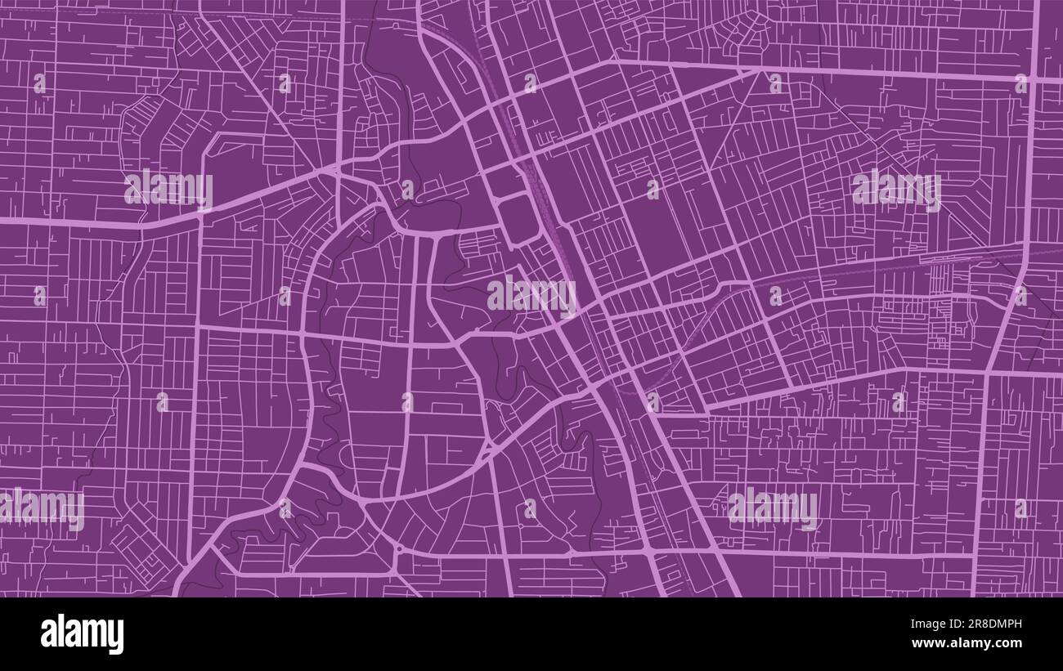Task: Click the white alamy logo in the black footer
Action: pos(82,634)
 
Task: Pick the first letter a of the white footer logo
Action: pos(48,635)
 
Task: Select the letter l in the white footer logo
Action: pos(60,633)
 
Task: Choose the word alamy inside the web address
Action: pos(968,643)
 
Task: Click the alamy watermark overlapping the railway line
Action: pos(531,295)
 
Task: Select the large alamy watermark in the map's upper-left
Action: pos(168,189)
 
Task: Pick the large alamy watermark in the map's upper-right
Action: pos(896,189)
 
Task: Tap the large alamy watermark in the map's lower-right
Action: pos(772,508)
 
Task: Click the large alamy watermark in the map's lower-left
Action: pos(41,508)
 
